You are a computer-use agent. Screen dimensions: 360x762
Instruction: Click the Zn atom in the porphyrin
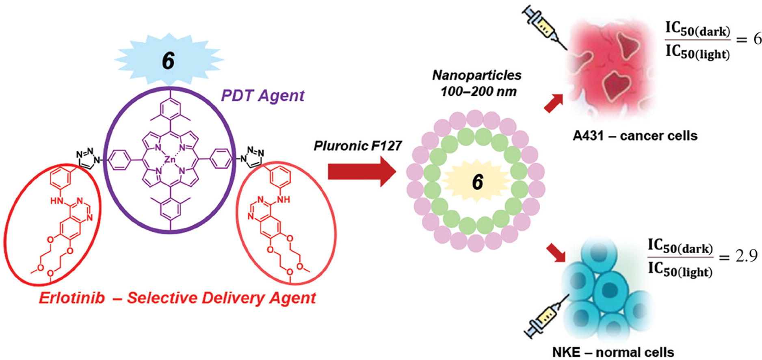tap(170, 160)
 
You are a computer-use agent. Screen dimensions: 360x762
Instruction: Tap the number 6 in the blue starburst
tap(168, 61)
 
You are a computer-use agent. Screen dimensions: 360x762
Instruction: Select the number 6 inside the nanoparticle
tap(477, 182)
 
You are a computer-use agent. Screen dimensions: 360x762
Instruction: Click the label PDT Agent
tap(262, 96)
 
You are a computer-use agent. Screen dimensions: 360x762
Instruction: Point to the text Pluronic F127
tap(357, 145)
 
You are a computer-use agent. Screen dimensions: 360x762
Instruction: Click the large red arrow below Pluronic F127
tap(361, 172)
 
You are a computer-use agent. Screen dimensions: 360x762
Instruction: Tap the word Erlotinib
tap(72, 298)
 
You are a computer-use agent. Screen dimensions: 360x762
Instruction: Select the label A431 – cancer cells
tap(635, 135)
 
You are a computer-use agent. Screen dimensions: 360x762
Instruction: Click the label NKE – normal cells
tap(613, 352)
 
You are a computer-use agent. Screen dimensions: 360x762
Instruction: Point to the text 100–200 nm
tap(478, 91)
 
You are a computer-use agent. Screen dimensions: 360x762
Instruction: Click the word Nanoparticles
tap(477, 75)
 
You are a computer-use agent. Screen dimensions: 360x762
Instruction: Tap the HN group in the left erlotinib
tap(57, 201)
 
